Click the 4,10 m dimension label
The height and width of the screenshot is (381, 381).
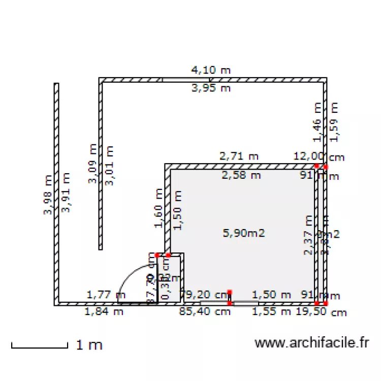[210, 70]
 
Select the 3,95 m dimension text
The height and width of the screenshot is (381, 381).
[210, 88]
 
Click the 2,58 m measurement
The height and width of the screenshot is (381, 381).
[241, 176]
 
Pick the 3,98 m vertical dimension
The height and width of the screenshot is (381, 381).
[48, 196]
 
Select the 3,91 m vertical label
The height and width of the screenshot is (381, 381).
[66, 192]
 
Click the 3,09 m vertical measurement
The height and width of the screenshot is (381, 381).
[92, 164]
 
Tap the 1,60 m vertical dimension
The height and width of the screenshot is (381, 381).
[158, 208]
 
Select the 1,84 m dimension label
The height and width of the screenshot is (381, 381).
[104, 312]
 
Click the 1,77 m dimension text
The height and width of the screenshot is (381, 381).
[106, 294]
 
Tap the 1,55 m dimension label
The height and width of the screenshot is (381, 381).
[272, 312]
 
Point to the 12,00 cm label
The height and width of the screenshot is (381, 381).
[319, 156]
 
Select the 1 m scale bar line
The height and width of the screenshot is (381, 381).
[39, 347]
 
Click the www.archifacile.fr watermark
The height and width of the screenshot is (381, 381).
[311, 343]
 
